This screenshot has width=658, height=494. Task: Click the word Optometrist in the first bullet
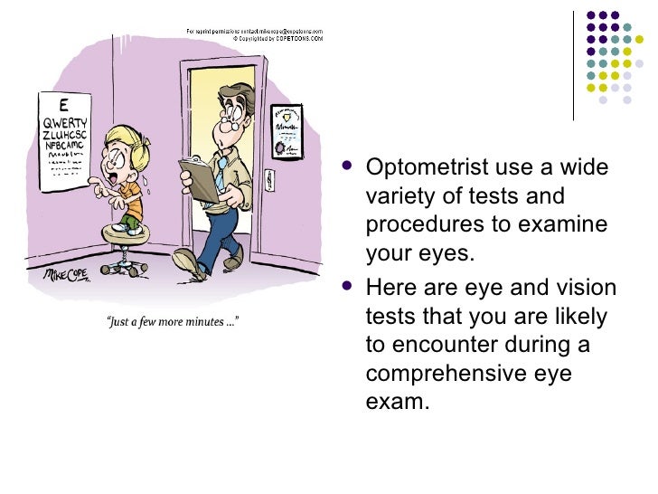pyautogui.click(x=421, y=169)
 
